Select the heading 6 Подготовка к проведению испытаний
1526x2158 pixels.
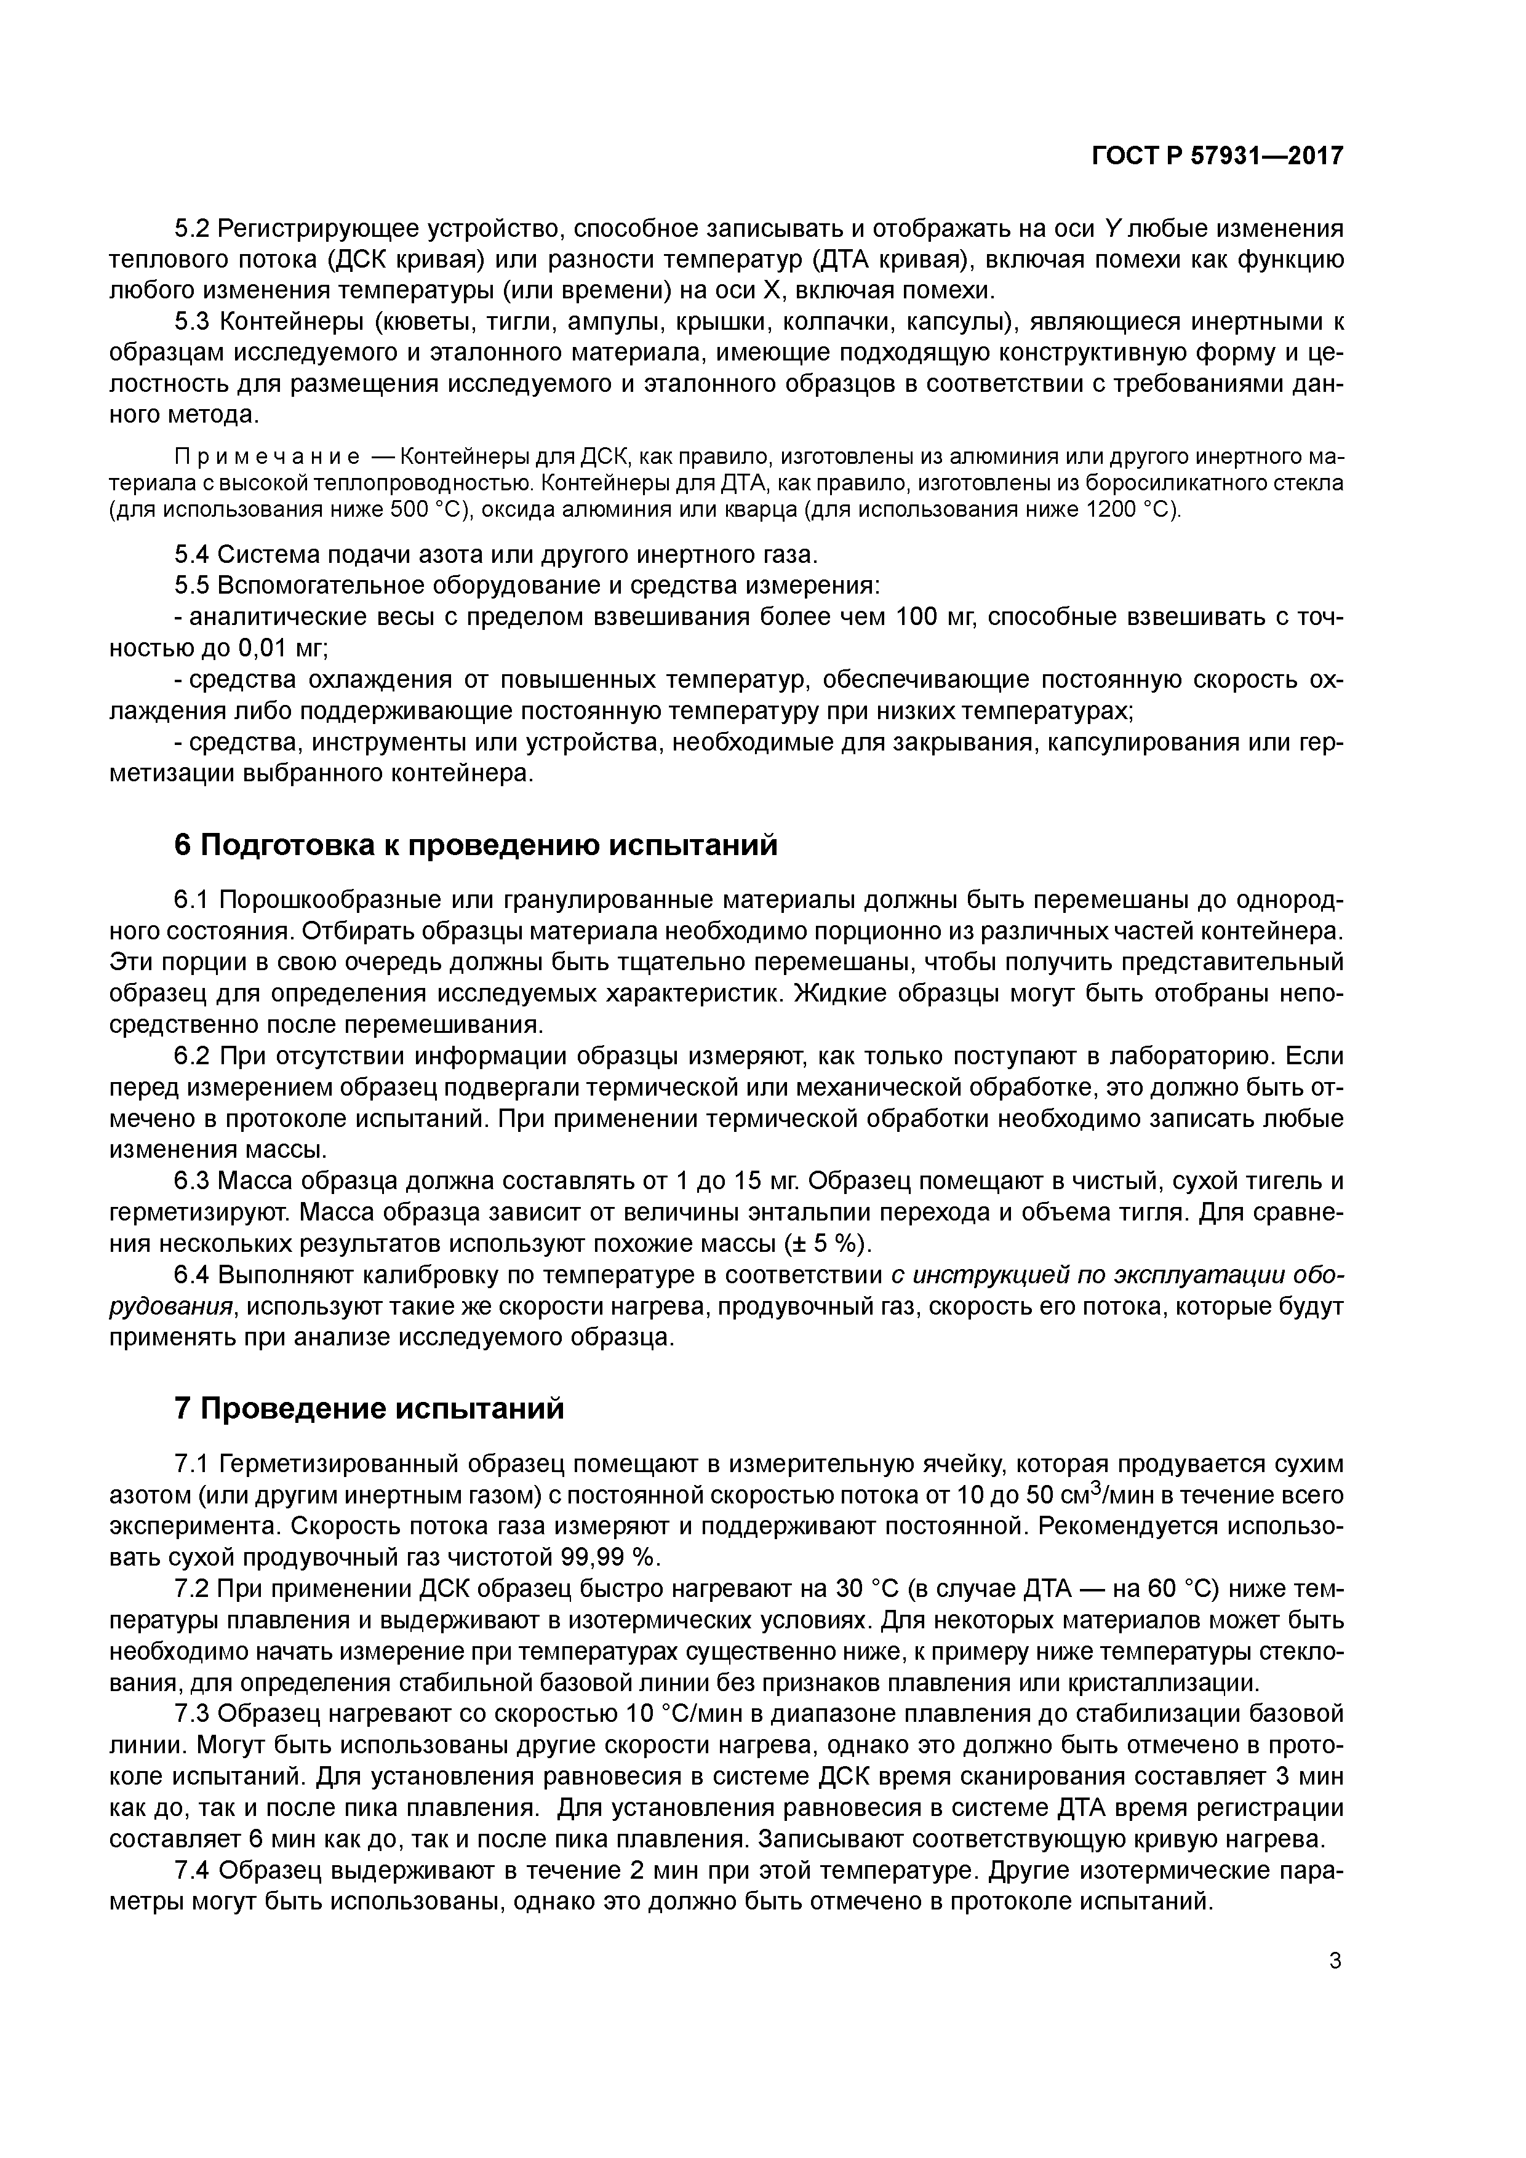[x=477, y=845]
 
